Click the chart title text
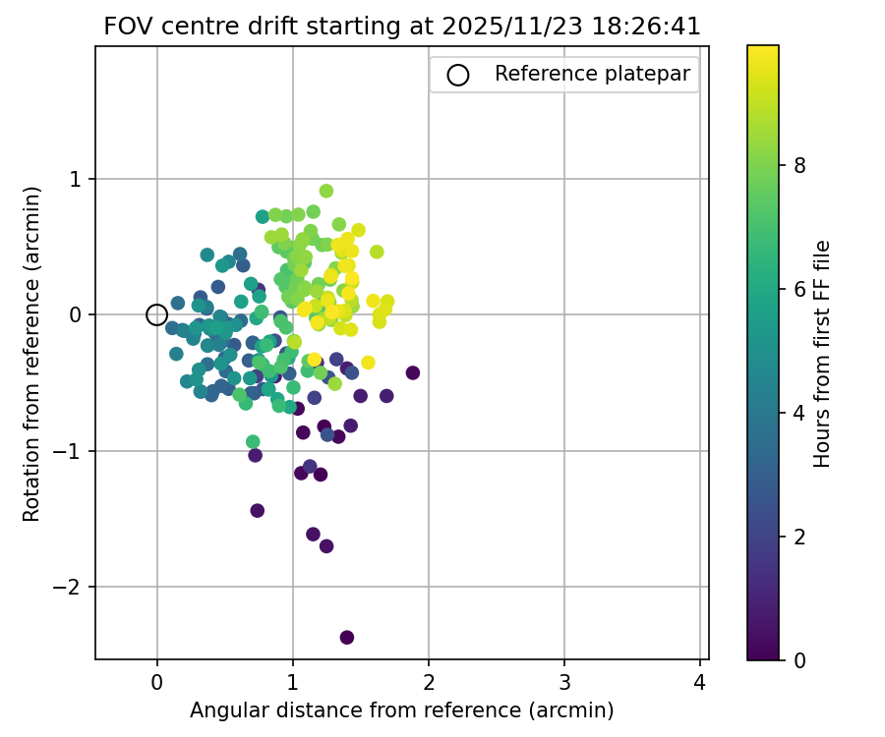pyautogui.click(x=402, y=27)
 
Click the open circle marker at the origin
pyautogui.click(x=156, y=314)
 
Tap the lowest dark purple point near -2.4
pyautogui.click(x=347, y=637)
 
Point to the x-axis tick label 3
pyautogui.click(x=564, y=680)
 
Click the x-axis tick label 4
pyautogui.click(x=700, y=680)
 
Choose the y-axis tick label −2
pyautogui.click(x=75, y=588)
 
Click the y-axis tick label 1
pyautogui.click(x=80, y=179)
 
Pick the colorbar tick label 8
pyautogui.click(x=799, y=166)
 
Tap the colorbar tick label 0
pyautogui.click(x=799, y=659)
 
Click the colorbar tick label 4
pyautogui.click(x=799, y=413)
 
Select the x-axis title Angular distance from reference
pyautogui.click(x=401, y=710)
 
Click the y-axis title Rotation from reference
pyautogui.click(x=32, y=352)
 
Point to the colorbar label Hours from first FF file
pyautogui.click(x=823, y=353)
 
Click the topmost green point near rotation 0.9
pyautogui.click(x=326, y=191)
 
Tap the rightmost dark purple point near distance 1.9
pyautogui.click(x=413, y=372)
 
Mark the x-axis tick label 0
pyautogui.click(x=156, y=680)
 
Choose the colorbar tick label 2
pyautogui.click(x=799, y=537)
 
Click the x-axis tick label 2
pyautogui.click(x=429, y=680)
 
